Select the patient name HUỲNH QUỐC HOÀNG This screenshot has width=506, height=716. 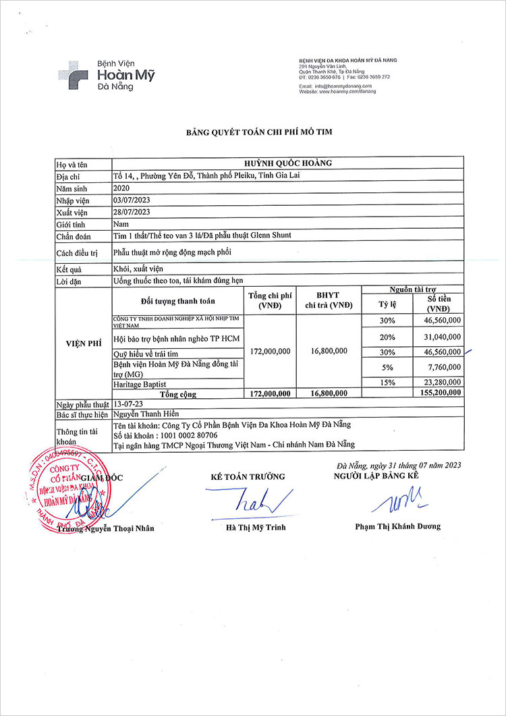(x=287, y=163)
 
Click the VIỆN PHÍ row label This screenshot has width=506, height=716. (x=83, y=343)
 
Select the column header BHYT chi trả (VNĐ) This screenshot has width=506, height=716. (x=327, y=300)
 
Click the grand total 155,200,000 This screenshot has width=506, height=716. (x=439, y=393)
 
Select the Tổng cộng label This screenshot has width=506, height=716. (x=177, y=393)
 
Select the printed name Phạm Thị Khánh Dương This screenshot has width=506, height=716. (x=397, y=526)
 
